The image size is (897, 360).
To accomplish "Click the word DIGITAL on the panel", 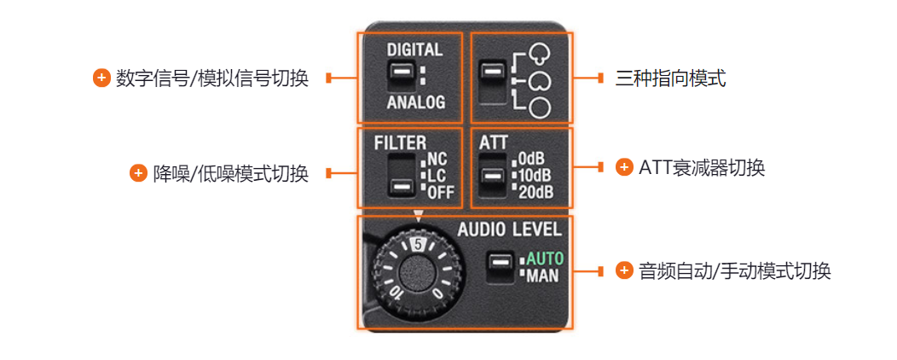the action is click(414, 49).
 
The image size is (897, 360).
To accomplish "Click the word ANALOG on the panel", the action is click(416, 103).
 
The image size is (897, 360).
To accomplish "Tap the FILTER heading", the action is click(401, 142).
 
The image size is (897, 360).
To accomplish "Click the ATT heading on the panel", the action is click(493, 142).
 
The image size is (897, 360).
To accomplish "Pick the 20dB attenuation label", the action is click(536, 192).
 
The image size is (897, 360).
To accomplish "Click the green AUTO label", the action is click(545, 259).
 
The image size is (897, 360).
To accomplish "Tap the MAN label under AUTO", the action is click(542, 276).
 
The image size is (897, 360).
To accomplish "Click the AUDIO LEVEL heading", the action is click(510, 230).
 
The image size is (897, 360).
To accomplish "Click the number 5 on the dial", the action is click(418, 244).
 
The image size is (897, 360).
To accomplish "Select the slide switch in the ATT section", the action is click(492, 175).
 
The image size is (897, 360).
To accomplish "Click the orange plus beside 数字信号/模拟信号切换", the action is click(101, 78).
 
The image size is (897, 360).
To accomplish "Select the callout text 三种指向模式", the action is click(671, 78).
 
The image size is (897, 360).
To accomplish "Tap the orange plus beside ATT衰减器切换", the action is click(623, 167).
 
